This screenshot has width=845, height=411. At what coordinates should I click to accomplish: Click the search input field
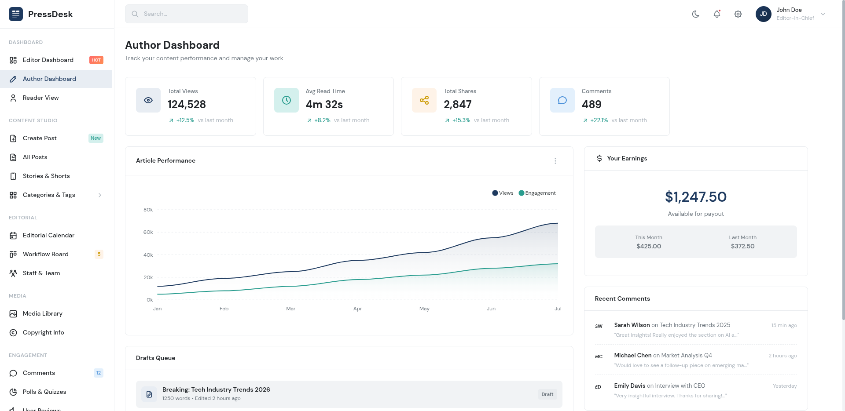(187, 14)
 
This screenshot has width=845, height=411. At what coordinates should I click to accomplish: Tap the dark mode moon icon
(696, 14)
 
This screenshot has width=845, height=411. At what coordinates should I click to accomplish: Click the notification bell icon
(717, 14)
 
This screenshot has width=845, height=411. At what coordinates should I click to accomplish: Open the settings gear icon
(738, 14)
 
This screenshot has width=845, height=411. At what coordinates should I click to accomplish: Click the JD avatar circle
(763, 14)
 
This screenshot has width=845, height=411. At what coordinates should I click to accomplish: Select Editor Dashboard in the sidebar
(48, 60)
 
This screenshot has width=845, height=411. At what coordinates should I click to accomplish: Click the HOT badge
(96, 60)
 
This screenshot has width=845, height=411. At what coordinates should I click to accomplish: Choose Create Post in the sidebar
(40, 138)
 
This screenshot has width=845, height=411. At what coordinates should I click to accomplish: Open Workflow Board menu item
(45, 254)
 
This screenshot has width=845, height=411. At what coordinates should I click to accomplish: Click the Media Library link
(42, 313)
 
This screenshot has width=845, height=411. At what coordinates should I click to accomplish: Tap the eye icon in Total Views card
(148, 100)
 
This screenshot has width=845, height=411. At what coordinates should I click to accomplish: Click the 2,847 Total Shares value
(457, 105)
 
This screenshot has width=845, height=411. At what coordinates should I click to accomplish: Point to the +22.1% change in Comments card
(599, 120)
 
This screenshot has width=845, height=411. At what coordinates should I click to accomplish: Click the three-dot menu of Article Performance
(555, 161)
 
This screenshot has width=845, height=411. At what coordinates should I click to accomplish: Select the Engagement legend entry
(537, 193)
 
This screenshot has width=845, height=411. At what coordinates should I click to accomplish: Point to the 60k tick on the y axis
(148, 232)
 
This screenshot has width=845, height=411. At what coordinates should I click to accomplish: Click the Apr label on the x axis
(357, 309)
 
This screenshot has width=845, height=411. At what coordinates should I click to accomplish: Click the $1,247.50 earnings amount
(695, 197)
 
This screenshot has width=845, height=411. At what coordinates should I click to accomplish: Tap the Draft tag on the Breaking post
(547, 394)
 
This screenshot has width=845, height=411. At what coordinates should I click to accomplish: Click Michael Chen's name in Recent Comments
(632, 355)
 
